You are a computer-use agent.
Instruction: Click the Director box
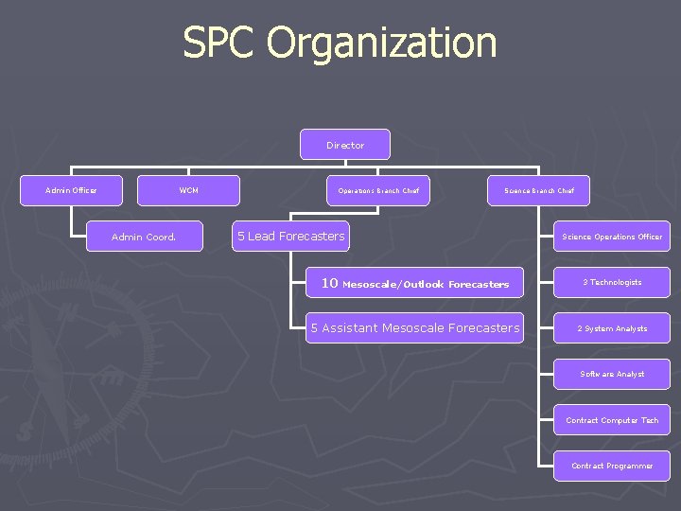(345, 145)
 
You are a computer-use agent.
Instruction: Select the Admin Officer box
(71, 190)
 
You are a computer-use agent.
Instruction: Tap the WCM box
(189, 190)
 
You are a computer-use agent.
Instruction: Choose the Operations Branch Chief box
(378, 190)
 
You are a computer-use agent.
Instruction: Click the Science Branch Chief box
(539, 190)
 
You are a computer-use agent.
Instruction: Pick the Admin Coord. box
(144, 237)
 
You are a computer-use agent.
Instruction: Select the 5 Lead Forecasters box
(290, 236)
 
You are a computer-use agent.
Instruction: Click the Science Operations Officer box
(612, 237)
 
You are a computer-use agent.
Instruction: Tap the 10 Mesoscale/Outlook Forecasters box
(414, 283)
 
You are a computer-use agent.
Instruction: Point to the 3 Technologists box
(612, 282)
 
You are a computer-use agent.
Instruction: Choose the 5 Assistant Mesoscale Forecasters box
(414, 327)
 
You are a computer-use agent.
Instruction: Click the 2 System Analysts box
(612, 328)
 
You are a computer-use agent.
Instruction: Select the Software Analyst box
(612, 374)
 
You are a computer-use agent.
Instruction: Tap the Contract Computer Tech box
(612, 420)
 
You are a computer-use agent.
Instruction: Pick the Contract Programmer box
(612, 466)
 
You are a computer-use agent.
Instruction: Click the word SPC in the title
(219, 44)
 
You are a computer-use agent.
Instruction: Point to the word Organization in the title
(381, 44)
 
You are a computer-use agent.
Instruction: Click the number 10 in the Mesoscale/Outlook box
(329, 282)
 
